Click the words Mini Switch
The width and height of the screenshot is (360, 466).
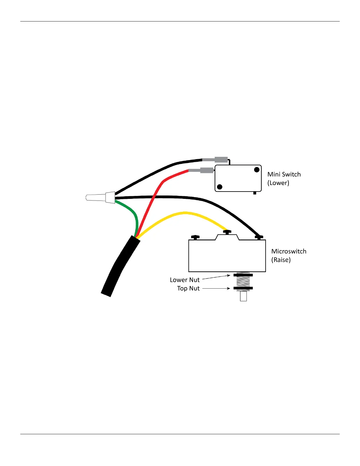point(284,174)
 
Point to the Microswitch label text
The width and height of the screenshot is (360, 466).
point(289,252)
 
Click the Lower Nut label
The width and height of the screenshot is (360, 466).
point(184,280)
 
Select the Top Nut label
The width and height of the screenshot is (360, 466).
point(188,289)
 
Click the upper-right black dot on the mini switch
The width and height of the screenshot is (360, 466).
point(257,170)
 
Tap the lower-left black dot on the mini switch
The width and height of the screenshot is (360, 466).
point(219,187)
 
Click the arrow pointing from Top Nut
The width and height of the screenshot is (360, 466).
point(216,289)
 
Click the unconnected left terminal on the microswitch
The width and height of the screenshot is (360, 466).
point(195,237)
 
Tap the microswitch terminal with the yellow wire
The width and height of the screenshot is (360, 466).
point(227,232)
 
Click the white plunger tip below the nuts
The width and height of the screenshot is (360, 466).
point(243,296)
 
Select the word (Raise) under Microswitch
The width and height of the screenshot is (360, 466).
point(281,260)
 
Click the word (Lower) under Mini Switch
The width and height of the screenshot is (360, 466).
point(278,183)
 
